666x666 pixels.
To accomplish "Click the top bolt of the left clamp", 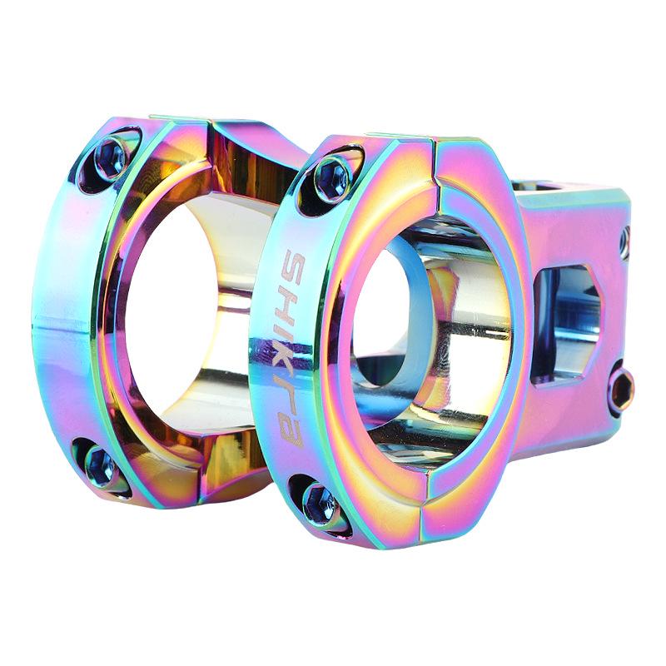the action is point(109,155).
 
